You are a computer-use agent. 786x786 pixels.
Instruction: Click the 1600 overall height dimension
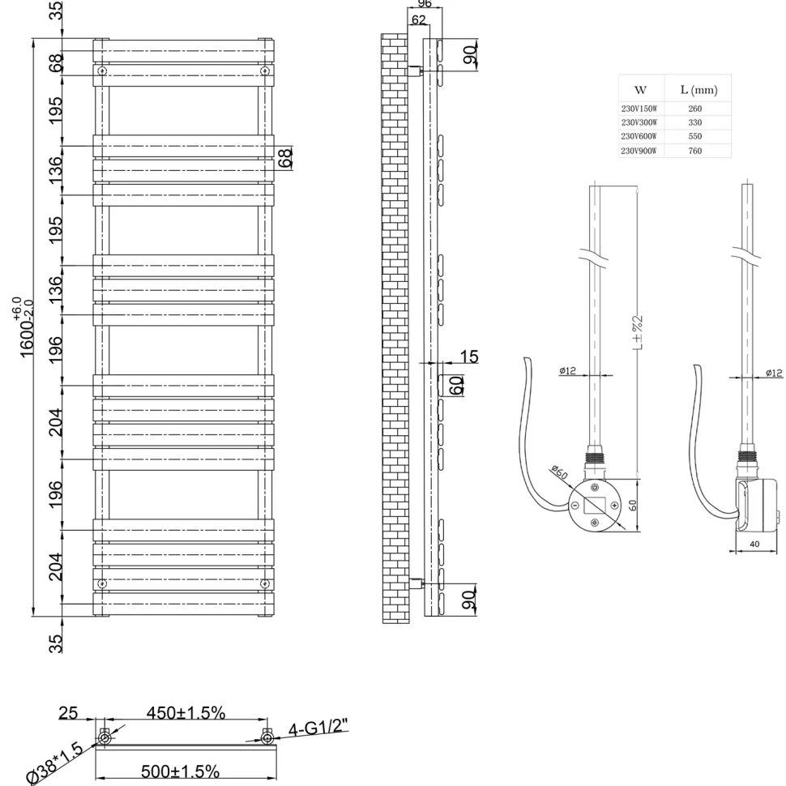(27, 327)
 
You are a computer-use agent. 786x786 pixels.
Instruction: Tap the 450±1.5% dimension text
(186, 712)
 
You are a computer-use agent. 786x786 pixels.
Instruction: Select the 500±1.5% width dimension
(180, 771)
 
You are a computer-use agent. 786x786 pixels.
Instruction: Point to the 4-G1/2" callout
(318, 728)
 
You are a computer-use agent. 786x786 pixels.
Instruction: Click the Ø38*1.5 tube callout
(56, 764)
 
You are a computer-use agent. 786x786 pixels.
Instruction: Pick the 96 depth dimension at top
(425, 3)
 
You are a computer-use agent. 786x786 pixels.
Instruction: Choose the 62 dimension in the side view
(418, 19)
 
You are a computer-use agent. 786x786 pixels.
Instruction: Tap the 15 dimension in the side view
(469, 357)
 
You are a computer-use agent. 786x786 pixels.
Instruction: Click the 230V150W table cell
(639, 109)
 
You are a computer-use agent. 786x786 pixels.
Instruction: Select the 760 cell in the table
(694, 151)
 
